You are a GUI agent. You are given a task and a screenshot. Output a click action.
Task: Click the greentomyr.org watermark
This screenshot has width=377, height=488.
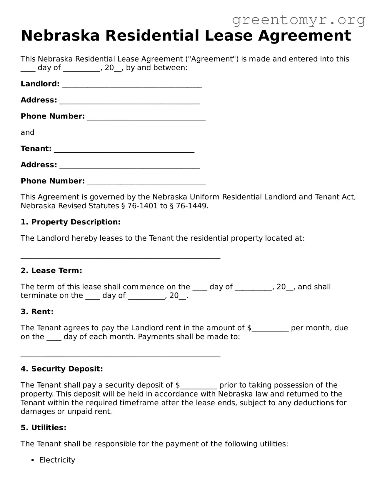pos(299,20)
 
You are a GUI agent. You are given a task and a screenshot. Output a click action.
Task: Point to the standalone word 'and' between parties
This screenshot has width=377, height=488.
pos(27,132)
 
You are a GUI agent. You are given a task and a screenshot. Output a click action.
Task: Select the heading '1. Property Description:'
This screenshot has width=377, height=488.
pos(71,222)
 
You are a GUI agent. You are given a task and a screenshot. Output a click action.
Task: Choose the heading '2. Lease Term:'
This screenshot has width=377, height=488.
pos(51,271)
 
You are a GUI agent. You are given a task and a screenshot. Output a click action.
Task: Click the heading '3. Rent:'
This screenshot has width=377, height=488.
pos(37,312)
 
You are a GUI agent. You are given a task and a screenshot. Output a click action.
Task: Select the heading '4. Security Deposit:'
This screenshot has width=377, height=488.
pos(62,369)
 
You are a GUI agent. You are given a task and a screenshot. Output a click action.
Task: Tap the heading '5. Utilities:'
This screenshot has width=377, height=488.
pos(44,428)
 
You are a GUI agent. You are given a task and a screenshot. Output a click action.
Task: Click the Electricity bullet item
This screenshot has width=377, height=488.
pos(57,460)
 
